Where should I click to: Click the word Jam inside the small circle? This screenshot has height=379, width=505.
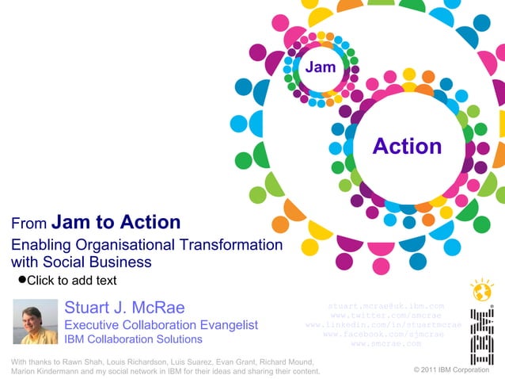321,67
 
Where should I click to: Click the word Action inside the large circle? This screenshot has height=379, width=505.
407,146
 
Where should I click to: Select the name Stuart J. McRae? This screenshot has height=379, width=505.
124,308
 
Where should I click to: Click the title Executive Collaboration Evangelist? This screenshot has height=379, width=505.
161,325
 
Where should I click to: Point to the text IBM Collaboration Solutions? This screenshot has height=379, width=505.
133,339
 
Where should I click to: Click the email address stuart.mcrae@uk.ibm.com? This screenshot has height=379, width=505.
385,305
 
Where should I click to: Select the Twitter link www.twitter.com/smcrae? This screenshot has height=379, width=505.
385,315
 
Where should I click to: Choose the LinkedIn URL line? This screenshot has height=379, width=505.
383,324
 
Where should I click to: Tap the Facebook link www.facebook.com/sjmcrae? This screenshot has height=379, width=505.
384,334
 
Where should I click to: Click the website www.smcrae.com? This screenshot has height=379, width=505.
385,343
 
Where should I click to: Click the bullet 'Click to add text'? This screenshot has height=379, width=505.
71,281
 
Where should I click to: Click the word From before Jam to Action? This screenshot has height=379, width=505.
28,225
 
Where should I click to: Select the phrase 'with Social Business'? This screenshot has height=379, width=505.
81,262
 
